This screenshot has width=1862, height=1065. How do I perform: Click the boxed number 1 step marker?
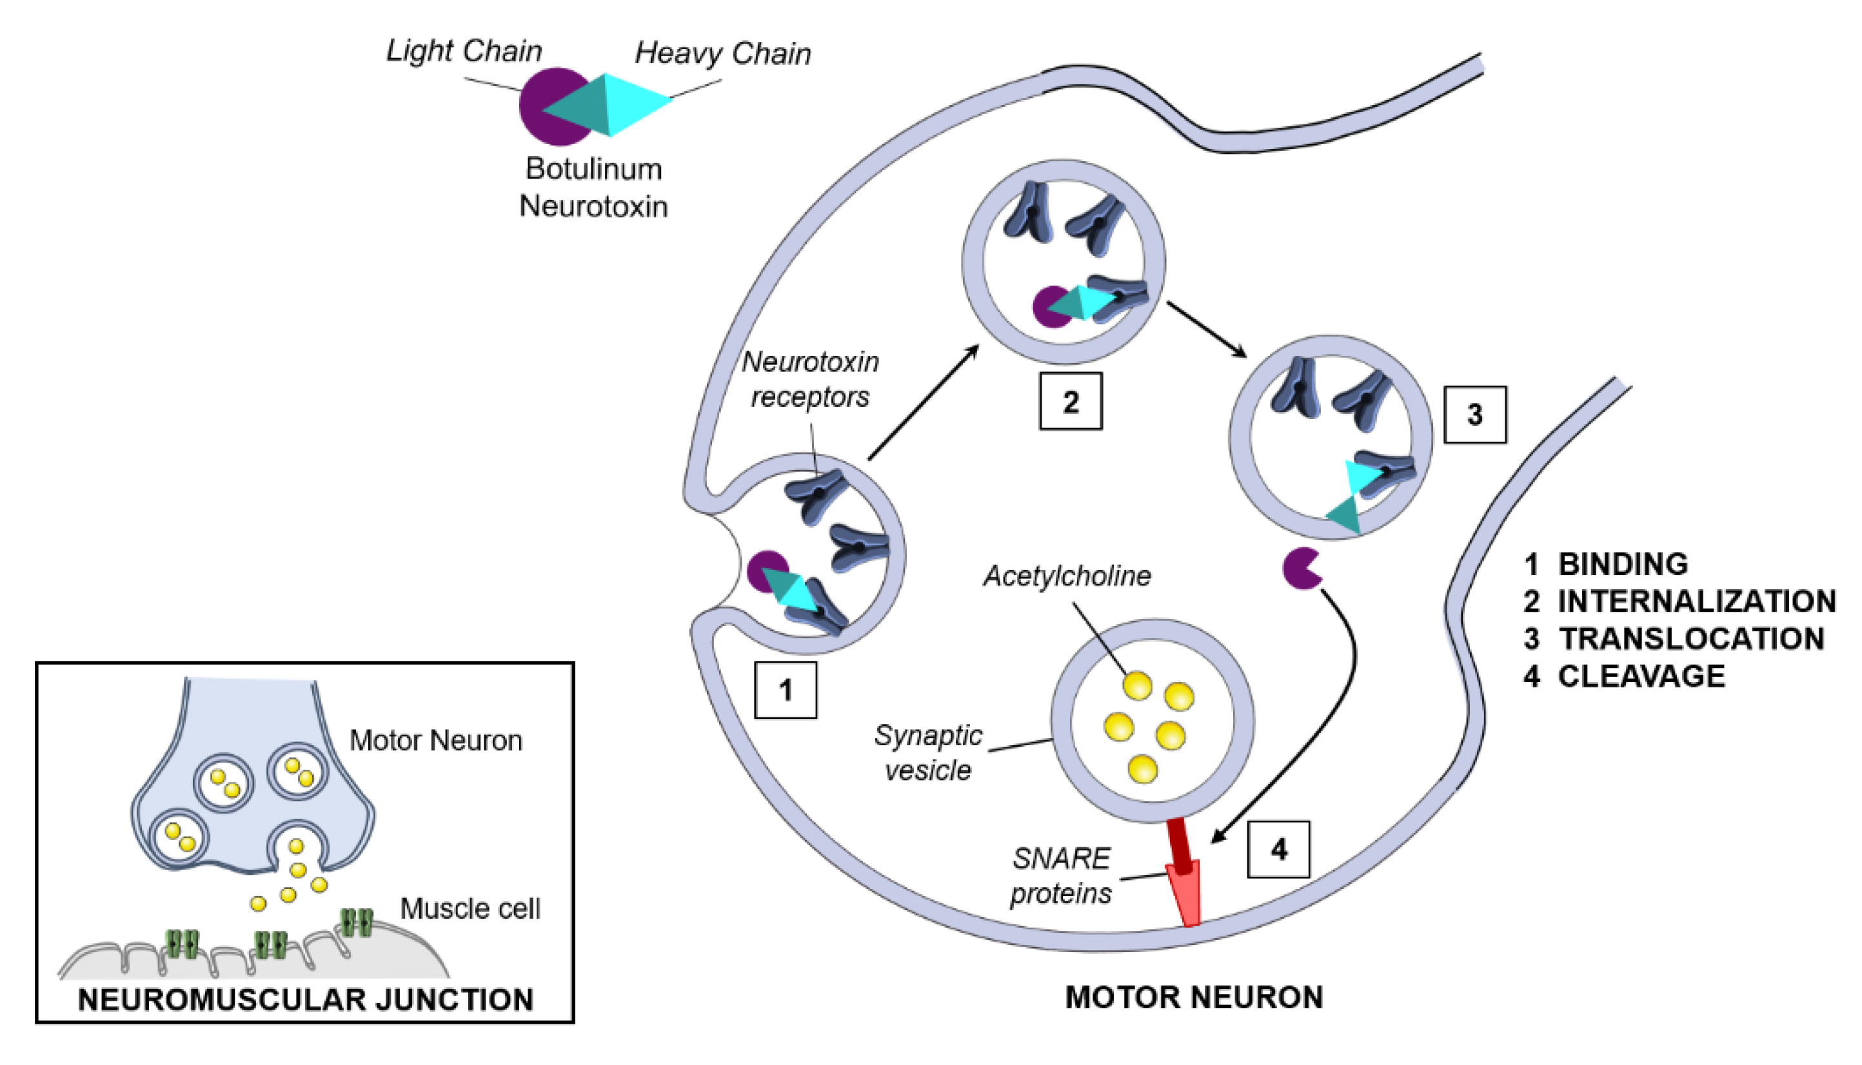coord(785,690)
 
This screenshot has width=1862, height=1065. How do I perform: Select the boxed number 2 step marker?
coord(1071,402)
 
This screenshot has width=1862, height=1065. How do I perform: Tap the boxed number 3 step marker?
coord(1474,415)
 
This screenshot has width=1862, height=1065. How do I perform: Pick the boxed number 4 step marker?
coord(1278,849)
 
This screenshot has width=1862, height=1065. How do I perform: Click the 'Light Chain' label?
coord(464,51)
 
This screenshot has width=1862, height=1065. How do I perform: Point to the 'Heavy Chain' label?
coord(722,54)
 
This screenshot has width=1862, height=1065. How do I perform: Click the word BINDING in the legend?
coord(1623,564)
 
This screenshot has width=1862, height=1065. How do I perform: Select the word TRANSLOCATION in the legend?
coord(1691,639)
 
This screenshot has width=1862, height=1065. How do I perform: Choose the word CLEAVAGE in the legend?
coord(1641,676)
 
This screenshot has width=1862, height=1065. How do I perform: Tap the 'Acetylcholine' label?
coord(1067,576)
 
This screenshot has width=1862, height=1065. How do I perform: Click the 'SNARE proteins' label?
coord(1061,875)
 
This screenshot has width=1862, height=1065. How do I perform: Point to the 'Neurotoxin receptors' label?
coord(810,379)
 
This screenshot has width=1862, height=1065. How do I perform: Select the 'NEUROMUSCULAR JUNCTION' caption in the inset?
coord(305,1000)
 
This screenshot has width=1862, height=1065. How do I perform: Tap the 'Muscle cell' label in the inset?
coord(470,908)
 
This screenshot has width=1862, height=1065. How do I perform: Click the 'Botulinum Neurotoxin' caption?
coord(593,187)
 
